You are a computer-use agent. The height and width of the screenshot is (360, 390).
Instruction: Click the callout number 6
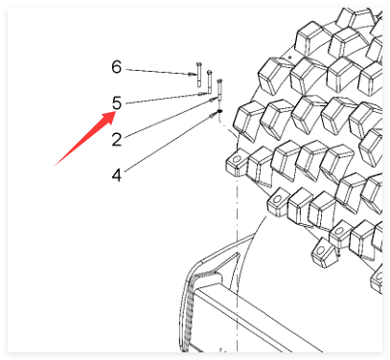point(117,67)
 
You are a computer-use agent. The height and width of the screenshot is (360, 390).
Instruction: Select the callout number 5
point(117,103)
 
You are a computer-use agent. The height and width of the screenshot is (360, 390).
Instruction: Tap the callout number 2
point(117,140)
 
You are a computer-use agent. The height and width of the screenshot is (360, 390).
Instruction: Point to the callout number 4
point(117,175)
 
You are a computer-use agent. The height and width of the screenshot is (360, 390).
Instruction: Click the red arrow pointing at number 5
point(84,139)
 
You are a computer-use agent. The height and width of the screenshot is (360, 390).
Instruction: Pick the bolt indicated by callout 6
point(198,75)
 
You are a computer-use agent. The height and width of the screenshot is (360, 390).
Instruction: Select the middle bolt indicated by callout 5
point(210,81)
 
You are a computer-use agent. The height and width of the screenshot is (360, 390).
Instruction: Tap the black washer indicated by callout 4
point(219,111)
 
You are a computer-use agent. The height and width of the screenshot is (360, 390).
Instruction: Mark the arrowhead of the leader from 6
point(194,75)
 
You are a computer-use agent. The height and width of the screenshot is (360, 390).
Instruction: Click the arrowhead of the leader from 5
point(203,94)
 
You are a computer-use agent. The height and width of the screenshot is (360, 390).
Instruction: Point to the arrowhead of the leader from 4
point(214,114)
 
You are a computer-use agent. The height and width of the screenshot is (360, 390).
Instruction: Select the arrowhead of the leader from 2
point(215,101)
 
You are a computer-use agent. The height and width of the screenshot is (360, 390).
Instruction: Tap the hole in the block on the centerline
point(237,158)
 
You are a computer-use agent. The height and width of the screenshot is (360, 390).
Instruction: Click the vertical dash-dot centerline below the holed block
point(237,261)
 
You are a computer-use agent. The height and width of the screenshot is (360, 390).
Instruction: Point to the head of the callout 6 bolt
point(198,64)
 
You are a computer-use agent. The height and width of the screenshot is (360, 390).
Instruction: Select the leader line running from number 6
point(160,72)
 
